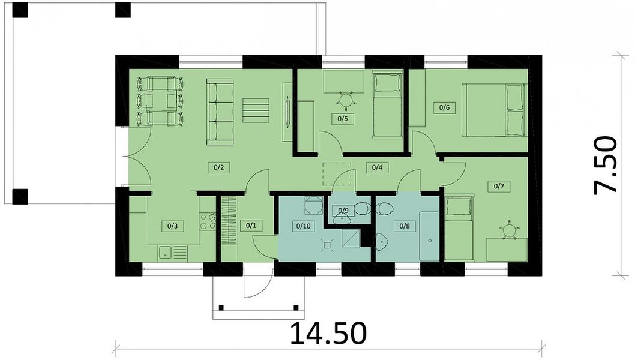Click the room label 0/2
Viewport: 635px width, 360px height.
pos(218,167)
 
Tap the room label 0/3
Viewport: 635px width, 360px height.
pos(172,226)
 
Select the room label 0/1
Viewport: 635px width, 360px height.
pos(251,226)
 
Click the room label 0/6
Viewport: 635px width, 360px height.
pos(444,107)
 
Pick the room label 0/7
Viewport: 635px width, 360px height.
pos(499,186)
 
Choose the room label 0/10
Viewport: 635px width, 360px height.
pos(303,226)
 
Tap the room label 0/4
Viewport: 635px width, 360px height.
pos(377,167)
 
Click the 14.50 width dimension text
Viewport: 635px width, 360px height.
pos(328,333)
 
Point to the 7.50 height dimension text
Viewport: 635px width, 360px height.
pos(605,165)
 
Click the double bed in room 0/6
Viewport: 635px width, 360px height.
pos(495,110)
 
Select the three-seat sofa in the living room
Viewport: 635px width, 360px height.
pos(220,112)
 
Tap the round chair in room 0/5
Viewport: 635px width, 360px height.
pos(346,100)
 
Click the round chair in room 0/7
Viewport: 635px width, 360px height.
pos(508,230)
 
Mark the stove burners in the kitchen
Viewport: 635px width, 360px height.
pos(208,222)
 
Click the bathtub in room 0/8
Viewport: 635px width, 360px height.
pos(429,236)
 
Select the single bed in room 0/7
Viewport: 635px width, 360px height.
pos(459,228)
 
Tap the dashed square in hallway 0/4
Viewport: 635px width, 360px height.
pos(337,174)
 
